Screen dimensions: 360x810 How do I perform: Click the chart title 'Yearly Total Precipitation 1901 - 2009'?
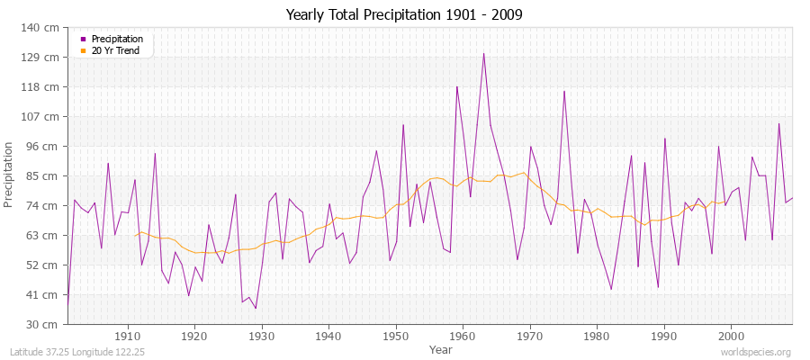(x=404, y=15)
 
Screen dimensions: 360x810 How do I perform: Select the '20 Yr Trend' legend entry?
(x=116, y=49)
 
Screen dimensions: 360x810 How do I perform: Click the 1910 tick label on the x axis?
(x=127, y=337)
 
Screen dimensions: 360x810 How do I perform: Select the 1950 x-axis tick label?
(x=395, y=337)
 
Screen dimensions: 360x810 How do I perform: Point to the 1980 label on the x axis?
(x=596, y=337)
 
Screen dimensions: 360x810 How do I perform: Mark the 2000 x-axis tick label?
(x=730, y=337)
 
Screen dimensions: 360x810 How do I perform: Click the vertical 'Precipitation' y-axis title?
(x=10, y=175)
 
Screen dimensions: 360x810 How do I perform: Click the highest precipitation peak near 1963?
(x=483, y=53)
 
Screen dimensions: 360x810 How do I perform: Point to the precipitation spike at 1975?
(x=564, y=91)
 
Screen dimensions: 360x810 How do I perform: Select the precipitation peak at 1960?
(x=457, y=86)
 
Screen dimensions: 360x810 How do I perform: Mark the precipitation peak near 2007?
(x=778, y=124)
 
